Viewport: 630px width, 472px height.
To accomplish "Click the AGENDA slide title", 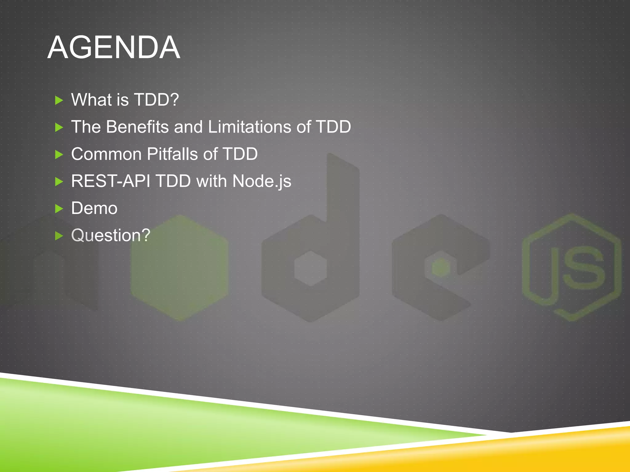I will (114, 47).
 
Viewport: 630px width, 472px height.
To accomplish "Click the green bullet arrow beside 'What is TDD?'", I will (59, 100).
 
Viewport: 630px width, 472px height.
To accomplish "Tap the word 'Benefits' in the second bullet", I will (137, 127).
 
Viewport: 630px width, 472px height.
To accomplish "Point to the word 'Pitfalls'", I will (172, 154).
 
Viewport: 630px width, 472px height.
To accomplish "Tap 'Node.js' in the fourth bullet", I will (261, 181).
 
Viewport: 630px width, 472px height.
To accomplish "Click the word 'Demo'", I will (94, 208).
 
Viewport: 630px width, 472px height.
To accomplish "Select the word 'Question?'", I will (110, 235).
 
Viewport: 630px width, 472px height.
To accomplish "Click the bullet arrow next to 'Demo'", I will (59, 209).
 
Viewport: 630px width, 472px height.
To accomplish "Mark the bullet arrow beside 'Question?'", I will (59, 236).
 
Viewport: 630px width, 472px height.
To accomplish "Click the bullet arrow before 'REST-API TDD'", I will (59, 182).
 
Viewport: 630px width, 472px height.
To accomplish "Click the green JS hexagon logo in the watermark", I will (572, 267).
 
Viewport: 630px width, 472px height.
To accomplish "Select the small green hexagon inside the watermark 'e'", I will (441, 268).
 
